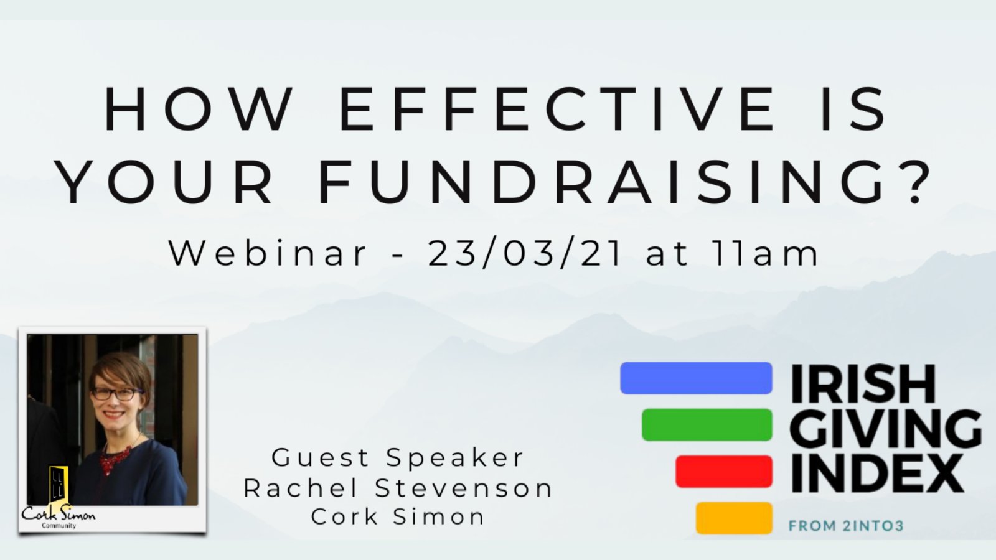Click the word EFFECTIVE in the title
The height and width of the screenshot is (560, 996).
click(557, 110)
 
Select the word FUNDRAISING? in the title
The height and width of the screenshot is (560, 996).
click(625, 184)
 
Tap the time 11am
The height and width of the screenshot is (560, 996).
click(766, 253)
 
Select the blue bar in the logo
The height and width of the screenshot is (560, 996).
click(696, 378)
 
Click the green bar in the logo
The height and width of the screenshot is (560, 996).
click(707, 424)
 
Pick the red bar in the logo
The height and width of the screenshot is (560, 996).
click(724, 471)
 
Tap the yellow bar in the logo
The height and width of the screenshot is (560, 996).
click(734, 518)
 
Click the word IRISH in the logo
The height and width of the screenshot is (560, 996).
click(863, 384)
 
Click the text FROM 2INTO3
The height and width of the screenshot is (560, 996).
click(846, 526)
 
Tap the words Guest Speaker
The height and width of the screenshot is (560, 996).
click(398, 458)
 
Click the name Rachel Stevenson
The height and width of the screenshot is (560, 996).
click(398, 488)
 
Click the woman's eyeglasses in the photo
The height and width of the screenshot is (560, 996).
click(116, 393)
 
